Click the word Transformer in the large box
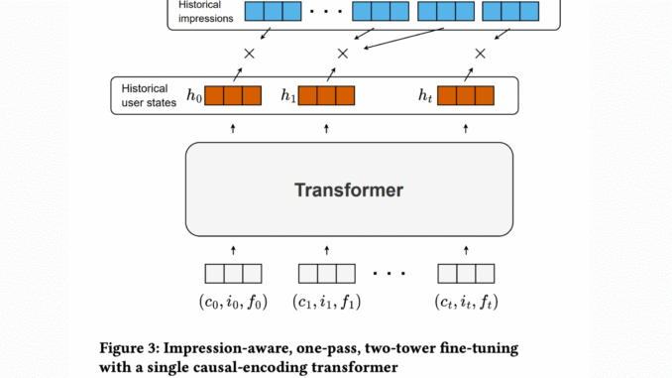click(349, 189)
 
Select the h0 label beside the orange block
click(194, 97)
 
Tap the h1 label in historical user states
click(287, 97)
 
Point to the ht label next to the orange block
click(426, 97)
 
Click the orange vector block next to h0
click(233, 96)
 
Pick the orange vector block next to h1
click(326, 96)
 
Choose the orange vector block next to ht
click(465, 96)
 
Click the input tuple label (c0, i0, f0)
click(233, 300)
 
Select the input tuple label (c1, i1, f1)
click(326, 300)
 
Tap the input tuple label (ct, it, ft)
click(465, 300)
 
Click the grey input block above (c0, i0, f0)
click(233, 273)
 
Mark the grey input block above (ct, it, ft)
click(465, 273)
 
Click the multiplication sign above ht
click(481, 53)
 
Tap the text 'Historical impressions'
click(205, 12)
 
